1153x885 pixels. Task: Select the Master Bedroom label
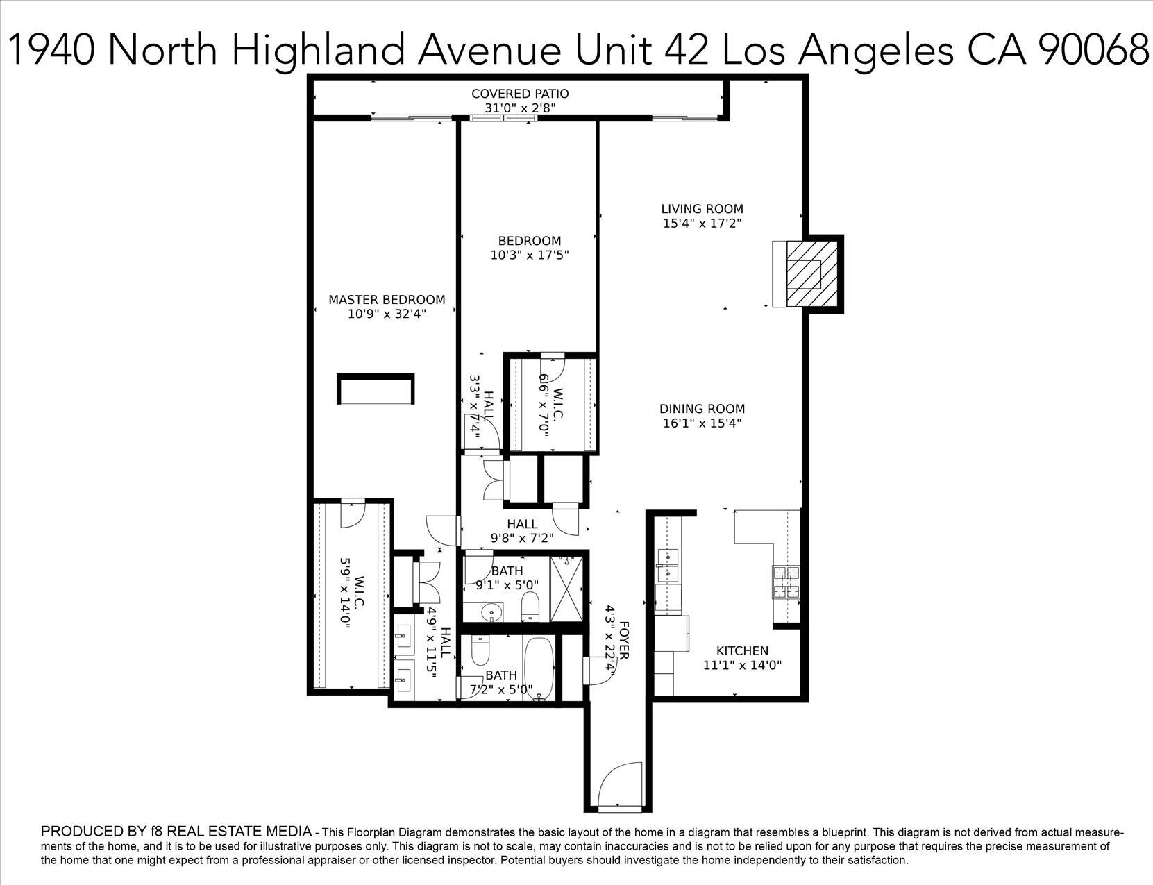tap(387, 300)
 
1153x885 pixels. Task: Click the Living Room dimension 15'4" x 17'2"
tap(702, 224)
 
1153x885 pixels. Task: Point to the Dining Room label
tap(702, 409)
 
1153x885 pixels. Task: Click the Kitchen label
tap(742, 650)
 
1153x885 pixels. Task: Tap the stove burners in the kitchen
tap(786, 582)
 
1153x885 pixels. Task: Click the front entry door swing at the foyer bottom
tap(619, 784)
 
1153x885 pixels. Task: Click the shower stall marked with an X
tap(569, 588)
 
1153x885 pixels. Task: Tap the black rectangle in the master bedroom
tap(376, 389)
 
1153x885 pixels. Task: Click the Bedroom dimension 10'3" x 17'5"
tap(530, 255)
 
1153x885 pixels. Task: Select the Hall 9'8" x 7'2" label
tap(522, 531)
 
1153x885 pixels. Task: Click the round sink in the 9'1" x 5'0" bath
tap(491, 613)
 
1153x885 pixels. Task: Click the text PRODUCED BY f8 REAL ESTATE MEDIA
tap(176, 831)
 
